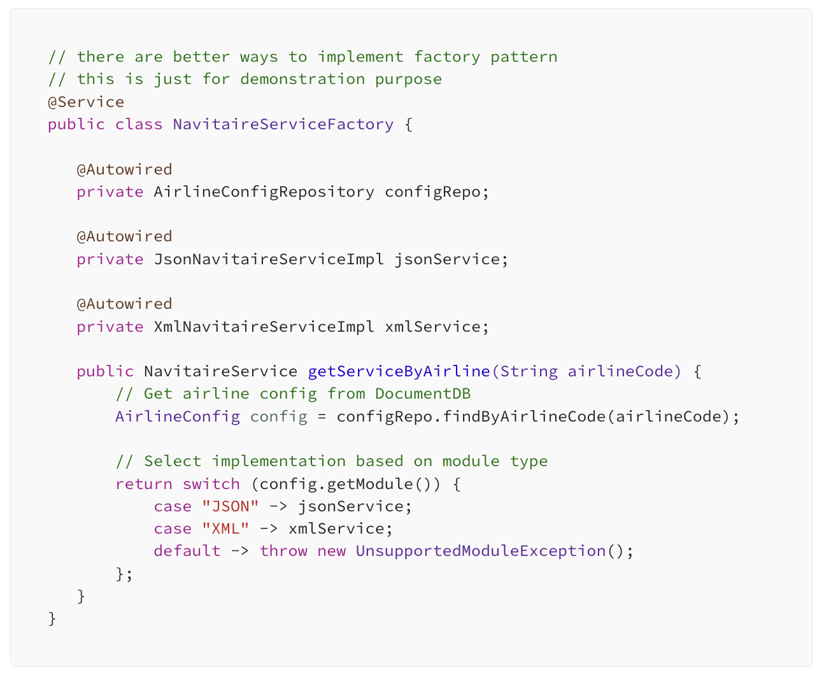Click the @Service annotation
86,102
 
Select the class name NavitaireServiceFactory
283,124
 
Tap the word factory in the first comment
447,57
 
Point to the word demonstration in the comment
302,79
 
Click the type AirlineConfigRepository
264,192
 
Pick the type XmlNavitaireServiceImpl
264,327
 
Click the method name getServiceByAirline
399,371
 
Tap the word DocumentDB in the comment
423,394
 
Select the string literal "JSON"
230,506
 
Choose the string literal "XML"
225,529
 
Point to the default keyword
187,551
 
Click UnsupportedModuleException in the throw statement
480,551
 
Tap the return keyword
143,484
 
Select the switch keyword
211,484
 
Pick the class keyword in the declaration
138,124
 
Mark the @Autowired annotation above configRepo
124,169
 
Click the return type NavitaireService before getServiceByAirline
220,371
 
